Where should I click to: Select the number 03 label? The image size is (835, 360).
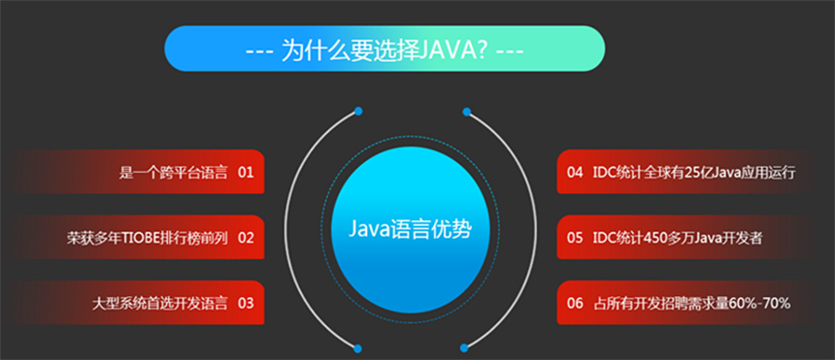click(x=245, y=303)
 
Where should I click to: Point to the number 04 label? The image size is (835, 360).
click(x=575, y=173)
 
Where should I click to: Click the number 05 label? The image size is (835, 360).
click(x=575, y=238)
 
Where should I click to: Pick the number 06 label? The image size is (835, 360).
click(x=575, y=303)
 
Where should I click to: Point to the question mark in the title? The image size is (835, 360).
click(x=480, y=49)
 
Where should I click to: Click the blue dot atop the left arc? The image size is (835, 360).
click(x=358, y=112)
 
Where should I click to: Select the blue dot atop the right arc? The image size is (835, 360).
click(x=466, y=112)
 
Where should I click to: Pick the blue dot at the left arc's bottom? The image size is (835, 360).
click(x=358, y=346)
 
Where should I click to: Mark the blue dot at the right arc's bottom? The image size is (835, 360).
click(x=466, y=346)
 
